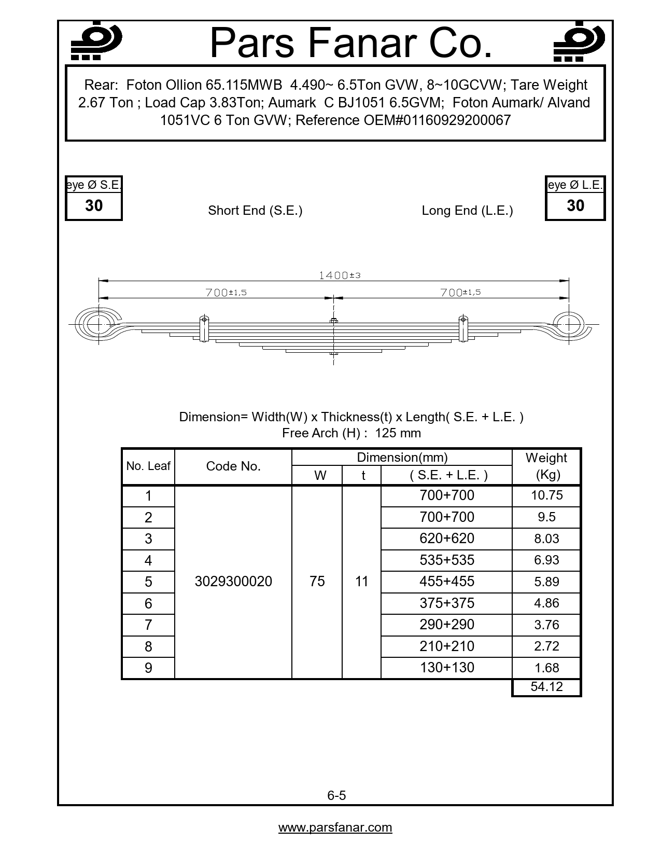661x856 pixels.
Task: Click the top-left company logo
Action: [x=96, y=42]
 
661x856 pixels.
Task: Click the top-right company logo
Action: [x=579, y=42]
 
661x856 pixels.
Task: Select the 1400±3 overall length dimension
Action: [x=339, y=275]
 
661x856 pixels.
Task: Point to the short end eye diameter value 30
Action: [x=93, y=206]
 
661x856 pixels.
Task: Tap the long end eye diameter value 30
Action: [x=575, y=206]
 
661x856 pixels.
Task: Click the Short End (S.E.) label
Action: [x=255, y=211]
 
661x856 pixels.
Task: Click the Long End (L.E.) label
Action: [x=467, y=211]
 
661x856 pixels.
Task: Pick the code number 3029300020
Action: [x=233, y=582]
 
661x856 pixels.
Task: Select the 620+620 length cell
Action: [x=446, y=539]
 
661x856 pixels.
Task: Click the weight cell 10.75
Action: [x=546, y=495]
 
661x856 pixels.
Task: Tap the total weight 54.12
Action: [x=546, y=687]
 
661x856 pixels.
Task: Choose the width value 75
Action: [x=317, y=582]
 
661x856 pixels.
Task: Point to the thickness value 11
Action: [x=361, y=582]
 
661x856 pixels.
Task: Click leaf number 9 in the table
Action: [x=148, y=668]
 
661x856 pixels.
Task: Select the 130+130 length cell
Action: [x=446, y=668]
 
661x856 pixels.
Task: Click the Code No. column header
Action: [x=233, y=466]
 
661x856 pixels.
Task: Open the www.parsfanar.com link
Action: [x=335, y=827]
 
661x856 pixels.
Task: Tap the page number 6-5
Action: [x=336, y=795]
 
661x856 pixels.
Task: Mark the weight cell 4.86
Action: [x=546, y=603]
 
